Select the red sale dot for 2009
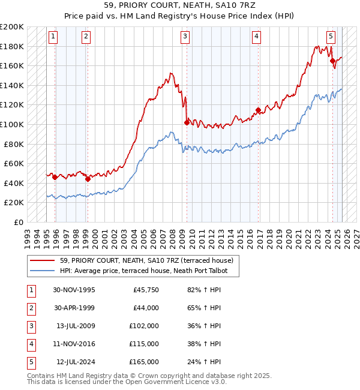187,122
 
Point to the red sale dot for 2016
258,110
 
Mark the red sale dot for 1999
88,178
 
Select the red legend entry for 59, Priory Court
142,260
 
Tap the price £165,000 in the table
145,362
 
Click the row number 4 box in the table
30,344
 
